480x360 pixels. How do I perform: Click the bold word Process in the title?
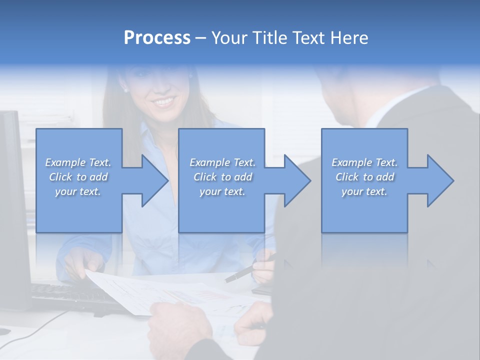(x=157, y=38)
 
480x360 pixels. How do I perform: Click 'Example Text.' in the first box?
(x=78, y=162)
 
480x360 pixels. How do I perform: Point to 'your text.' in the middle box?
(x=222, y=191)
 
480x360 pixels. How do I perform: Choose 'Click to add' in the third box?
(x=364, y=177)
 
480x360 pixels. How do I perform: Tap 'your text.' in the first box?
(x=78, y=191)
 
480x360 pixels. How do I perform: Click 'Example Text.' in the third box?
(x=364, y=162)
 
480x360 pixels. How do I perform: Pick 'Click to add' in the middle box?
(x=222, y=177)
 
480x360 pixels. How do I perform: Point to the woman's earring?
(x=125, y=90)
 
